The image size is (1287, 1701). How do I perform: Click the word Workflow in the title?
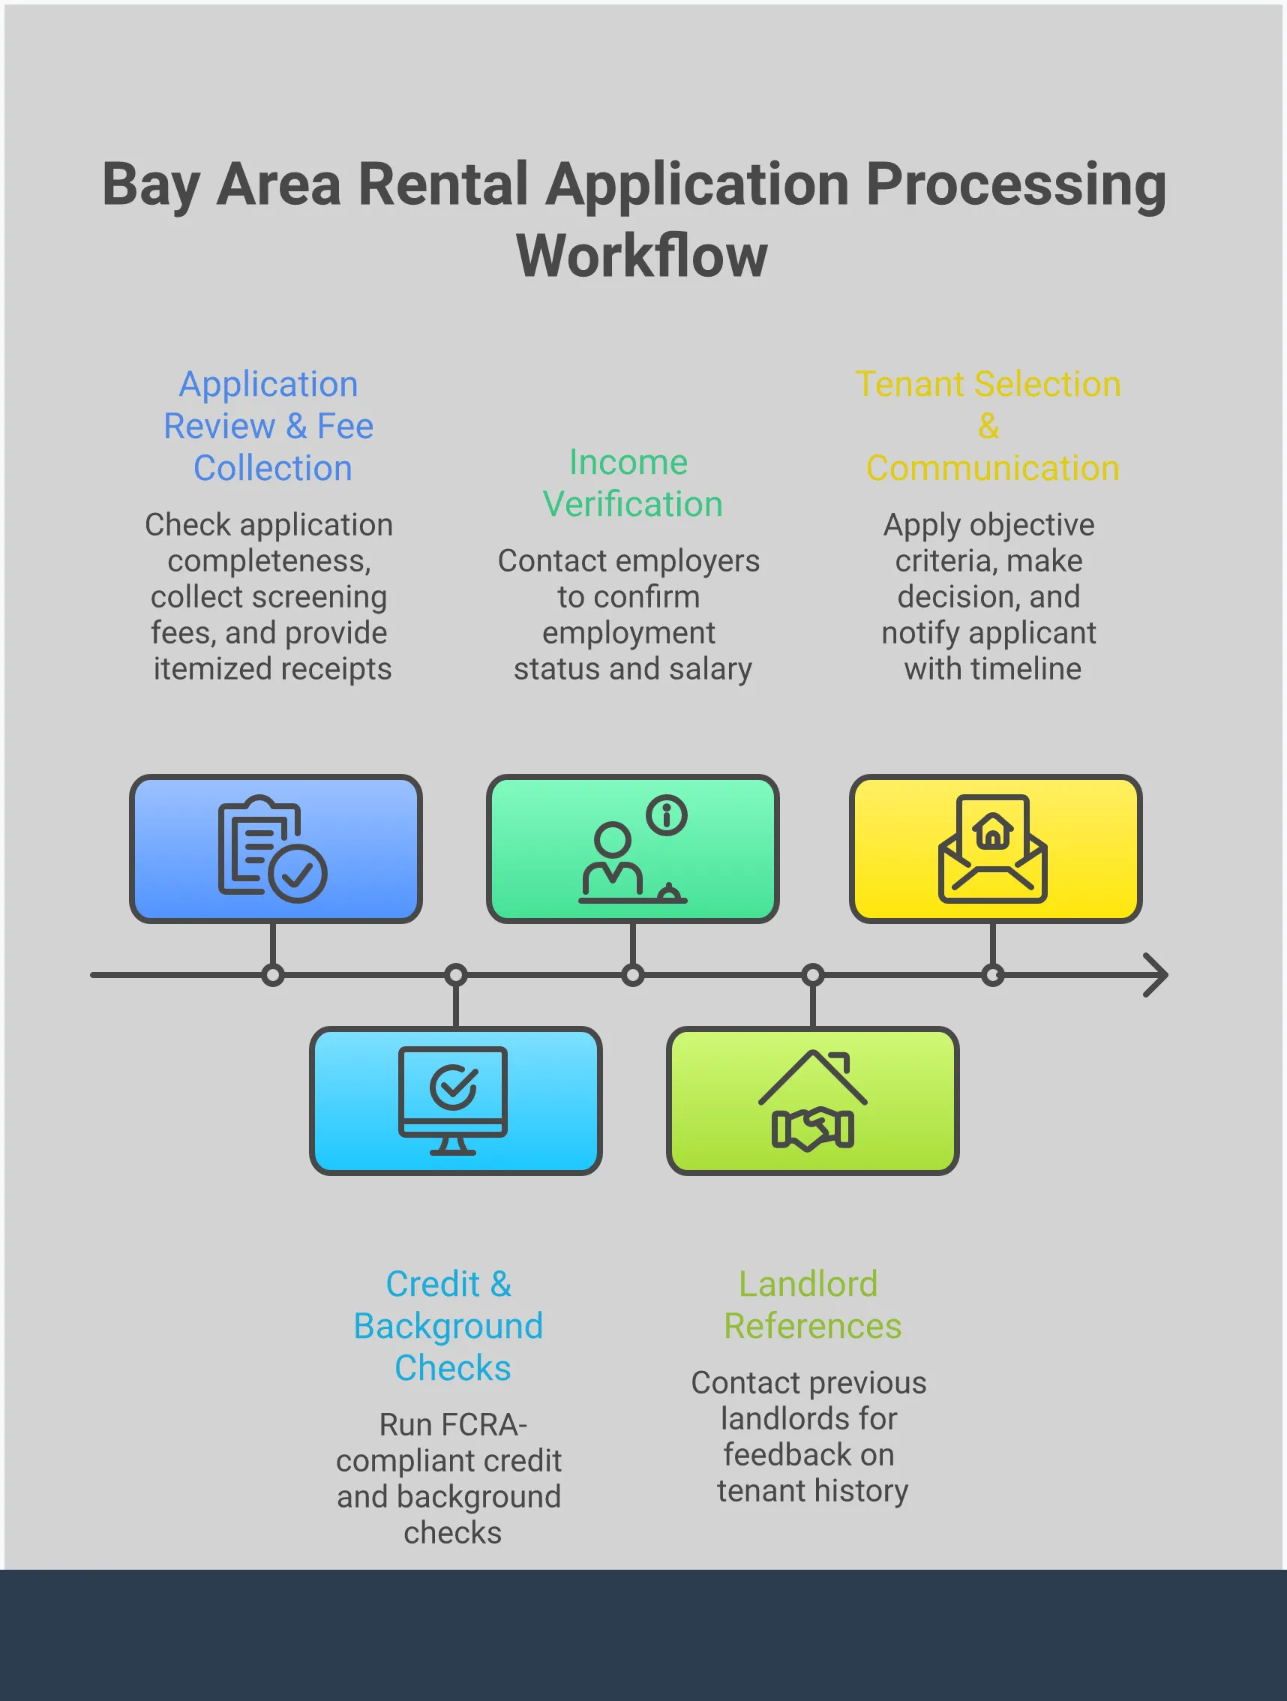click(x=642, y=255)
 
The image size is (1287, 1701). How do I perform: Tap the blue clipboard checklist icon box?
click(x=275, y=848)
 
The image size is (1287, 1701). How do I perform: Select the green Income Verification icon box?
click(x=632, y=848)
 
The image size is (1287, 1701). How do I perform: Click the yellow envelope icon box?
click(x=994, y=848)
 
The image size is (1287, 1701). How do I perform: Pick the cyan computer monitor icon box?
click(x=455, y=1100)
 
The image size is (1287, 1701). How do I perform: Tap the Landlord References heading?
click(x=811, y=1305)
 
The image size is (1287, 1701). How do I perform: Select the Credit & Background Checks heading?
click(x=450, y=1326)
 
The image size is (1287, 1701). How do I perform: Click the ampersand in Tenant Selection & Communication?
click(x=988, y=426)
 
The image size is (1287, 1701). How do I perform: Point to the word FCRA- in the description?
click(x=453, y=1425)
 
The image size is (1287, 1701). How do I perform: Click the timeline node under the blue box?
click(x=273, y=975)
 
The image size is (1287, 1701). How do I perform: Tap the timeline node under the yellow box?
click(x=992, y=975)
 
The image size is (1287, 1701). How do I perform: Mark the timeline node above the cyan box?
click(x=456, y=975)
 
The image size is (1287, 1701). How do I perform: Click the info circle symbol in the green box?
click(x=667, y=814)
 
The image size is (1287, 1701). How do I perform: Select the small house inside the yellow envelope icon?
click(x=992, y=831)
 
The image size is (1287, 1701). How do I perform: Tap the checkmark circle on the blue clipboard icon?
click(x=298, y=874)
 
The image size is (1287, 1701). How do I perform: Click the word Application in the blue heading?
click(x=268, y=385)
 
